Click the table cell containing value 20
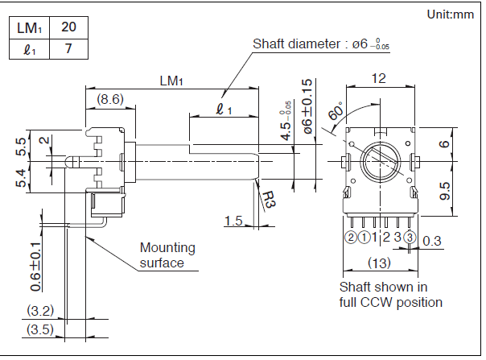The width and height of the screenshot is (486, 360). click(69, 27)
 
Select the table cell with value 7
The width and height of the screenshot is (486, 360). click(69, 48)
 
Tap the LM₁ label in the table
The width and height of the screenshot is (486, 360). click(30, 27)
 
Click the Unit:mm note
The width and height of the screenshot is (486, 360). click(450, 14)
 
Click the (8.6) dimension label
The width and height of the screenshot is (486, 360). click(109, 99)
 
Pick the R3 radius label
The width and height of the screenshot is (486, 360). click(268, 201)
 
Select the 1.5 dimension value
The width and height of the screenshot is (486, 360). click(234, 221)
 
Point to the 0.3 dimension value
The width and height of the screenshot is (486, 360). click(432, 241)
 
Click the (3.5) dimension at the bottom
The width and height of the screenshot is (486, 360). click(39, 329)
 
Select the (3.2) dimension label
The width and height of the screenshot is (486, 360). click(39, 309)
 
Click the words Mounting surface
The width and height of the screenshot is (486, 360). click(167, 255)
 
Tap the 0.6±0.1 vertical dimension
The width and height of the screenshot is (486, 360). click(36, 263)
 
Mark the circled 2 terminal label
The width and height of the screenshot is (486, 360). click(350, 237)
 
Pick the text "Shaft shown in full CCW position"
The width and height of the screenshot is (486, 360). click(390, 294)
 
